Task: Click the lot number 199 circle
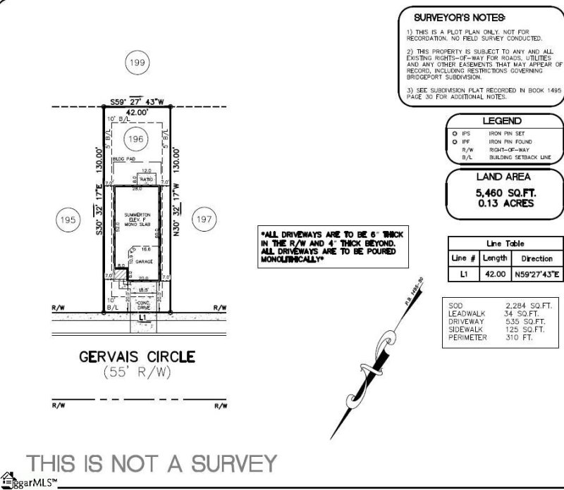137,63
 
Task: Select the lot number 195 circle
68,220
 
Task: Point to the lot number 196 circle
136,139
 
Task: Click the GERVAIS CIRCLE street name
137,357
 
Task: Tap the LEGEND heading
502,122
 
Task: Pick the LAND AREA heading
504,177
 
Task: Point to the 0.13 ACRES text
504,203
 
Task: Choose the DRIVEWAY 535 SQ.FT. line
496,321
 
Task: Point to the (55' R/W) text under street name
137,372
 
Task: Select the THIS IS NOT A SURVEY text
150,463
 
